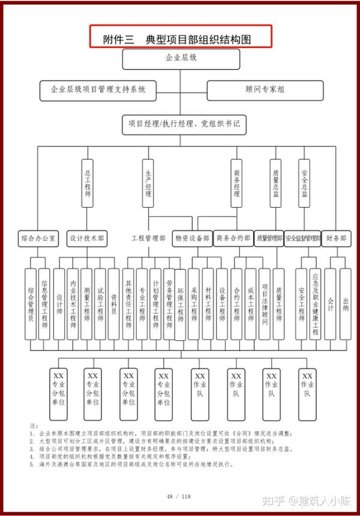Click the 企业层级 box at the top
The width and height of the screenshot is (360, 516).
point(181,59)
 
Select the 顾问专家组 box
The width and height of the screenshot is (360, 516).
point(265,90)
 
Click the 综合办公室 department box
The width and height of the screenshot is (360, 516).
point(38,238)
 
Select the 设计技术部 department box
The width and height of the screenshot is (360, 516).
point(88,238)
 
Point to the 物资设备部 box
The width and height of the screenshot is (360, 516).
point(192,238)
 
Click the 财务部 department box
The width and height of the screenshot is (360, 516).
point(336,238)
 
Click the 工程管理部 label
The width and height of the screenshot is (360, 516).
point(148,238)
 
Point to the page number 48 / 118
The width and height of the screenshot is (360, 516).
point(179,496)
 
